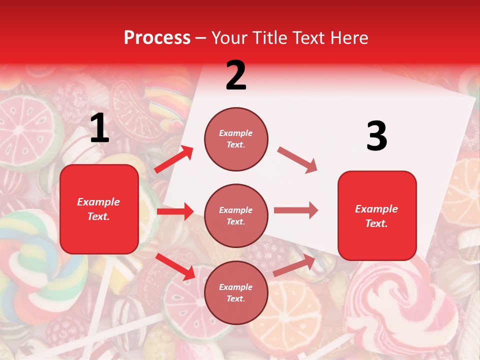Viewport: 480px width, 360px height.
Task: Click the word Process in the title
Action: [157, 37]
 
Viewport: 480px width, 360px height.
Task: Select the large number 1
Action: [99, 128]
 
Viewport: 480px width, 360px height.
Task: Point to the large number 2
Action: [236, 75]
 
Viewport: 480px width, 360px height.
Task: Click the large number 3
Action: [376, 136]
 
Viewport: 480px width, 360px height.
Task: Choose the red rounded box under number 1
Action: [99, 209]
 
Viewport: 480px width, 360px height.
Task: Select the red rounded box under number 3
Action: [377, 215]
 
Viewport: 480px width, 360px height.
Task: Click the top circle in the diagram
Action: [236, 139]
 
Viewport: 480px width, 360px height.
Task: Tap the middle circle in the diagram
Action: [236, 215]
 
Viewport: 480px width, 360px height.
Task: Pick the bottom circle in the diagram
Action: [236, 292]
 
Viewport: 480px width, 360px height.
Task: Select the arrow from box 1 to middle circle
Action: [175, 211]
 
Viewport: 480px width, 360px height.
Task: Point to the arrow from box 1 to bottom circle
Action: [175, 266]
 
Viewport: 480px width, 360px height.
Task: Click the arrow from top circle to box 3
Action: [297, 160]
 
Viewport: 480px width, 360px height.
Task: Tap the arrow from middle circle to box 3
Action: [296, 210]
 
